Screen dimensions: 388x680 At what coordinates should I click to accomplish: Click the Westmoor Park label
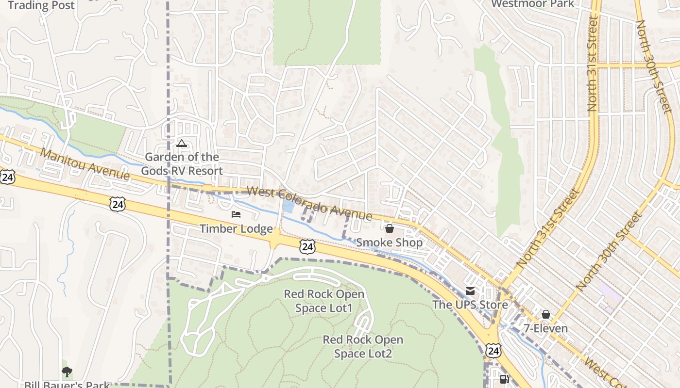[x=532, y=4]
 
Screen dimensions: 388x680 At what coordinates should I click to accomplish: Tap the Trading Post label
[x=42, y=5]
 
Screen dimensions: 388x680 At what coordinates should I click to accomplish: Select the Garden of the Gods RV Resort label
[x=182, y=164]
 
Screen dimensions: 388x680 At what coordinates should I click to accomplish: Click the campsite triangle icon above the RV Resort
[x=182, y=143]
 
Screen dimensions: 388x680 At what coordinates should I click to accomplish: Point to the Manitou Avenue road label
[x=85, y=164]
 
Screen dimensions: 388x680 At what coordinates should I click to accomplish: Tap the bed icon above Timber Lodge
[x=236, y=214]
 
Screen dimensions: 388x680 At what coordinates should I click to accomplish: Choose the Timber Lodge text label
[x=236, y=228]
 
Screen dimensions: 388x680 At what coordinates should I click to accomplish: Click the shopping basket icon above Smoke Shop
[x=389, y=228]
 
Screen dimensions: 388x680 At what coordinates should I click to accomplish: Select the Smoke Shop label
[x=389, y=242]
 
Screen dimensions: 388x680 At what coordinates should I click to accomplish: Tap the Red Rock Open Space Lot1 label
[x=324, y=301]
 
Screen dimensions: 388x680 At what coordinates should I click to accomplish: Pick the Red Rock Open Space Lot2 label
[x=363, y=346]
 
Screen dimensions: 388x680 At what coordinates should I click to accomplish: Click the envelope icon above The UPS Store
[x=470, y=291]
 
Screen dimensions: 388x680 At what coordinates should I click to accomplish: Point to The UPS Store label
[x=470, y=305]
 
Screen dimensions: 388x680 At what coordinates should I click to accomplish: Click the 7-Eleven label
[x=545, y=328]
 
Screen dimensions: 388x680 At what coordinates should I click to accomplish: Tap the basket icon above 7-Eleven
[x=545, y=314]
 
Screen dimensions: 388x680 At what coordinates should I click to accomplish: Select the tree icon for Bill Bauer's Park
[x=67, y=372]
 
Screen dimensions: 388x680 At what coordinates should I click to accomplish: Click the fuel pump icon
[x=505, y=379]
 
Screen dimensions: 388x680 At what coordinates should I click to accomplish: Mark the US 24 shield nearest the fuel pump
[x=493, y=350]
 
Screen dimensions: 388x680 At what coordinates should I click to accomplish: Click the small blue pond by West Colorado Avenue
[x=288, y=207]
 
